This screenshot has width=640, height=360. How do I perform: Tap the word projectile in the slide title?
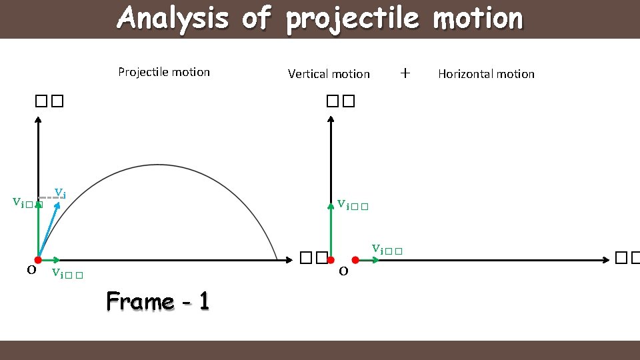pyautogui.click(x=352, y=18)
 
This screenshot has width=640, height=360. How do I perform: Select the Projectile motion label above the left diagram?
pyautogui.click(x=164, y=72)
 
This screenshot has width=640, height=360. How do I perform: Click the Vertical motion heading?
pyautogui.click(x=329, y=74)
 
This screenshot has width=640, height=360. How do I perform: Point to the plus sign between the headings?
pyautogui.click(x=405, y=73)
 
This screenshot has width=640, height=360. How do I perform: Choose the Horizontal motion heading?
pyautogui.click(x=486, y=74)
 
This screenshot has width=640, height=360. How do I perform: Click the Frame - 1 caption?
pyautogui.click(x=158, y=301)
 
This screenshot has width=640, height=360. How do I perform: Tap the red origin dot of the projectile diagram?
pyautogui.click(x=38, y=259)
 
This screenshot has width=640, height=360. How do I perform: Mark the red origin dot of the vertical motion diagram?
pyautogui.click(x=330, y=259)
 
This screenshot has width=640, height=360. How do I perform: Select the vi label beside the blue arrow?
pyautogui.click(x=59, y=193)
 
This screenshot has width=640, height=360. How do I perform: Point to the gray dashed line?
pyautogui.click(x=51, y=198)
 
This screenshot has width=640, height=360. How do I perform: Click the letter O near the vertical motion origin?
pyautogui.click(x=343, y=271)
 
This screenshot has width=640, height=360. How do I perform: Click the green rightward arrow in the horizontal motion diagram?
pyautogui.click(x=368, y=259)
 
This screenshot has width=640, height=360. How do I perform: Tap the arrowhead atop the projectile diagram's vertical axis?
pyautogui.click(x=38, y=120)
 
